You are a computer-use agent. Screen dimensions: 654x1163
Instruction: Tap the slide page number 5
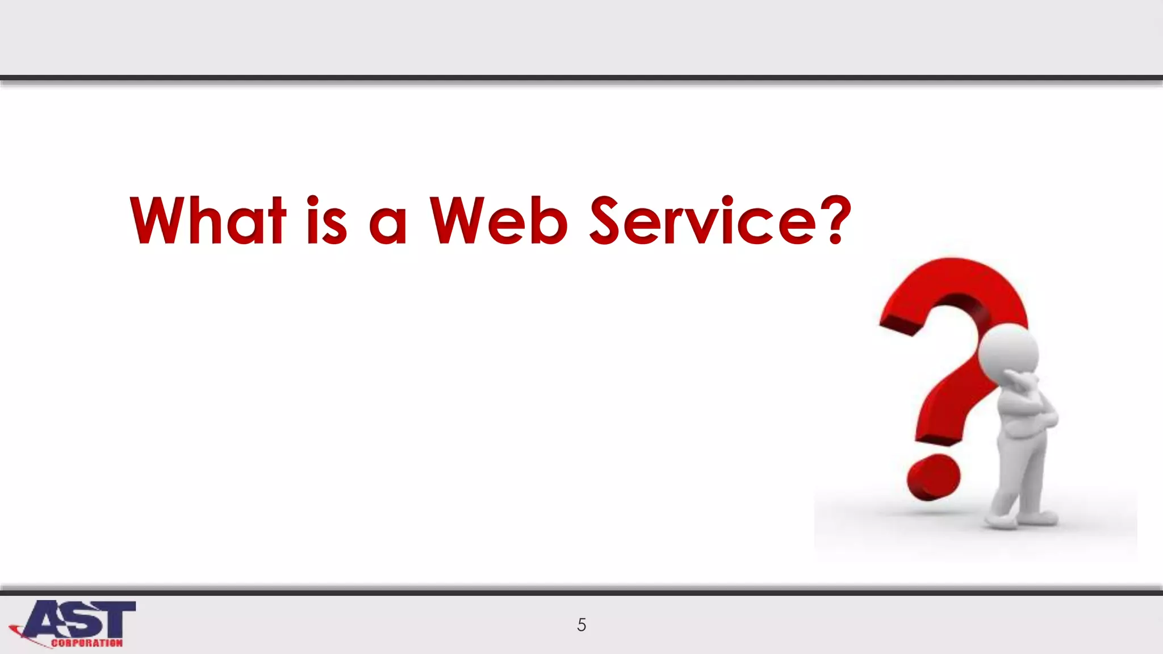(581, 625)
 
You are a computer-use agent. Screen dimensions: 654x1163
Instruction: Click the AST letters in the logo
(80, 619)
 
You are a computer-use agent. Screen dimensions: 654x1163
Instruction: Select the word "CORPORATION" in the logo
(86, 643)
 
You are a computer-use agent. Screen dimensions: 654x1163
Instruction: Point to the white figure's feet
(1022, 519)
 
